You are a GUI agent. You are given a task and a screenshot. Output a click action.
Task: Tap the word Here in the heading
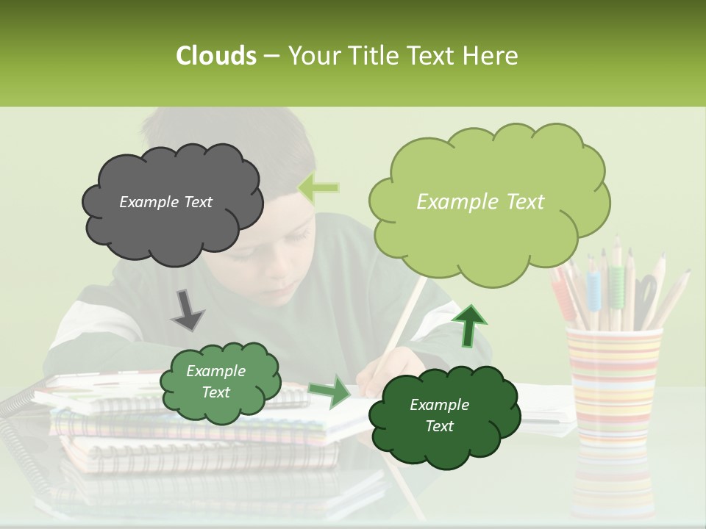[x=491, y=56]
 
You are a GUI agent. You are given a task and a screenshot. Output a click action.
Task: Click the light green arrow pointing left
[x=318, y=188]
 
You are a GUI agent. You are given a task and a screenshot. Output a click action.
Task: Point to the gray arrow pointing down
[x=188, y=309]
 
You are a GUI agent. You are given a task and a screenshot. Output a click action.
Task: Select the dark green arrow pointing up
[x=468, y=325]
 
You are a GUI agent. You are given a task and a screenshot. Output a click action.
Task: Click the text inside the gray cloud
[x=165, y=202]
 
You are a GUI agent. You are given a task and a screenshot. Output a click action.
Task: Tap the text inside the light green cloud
[x=480, y=202]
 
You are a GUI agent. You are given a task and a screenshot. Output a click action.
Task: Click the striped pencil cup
[x=612, y=382]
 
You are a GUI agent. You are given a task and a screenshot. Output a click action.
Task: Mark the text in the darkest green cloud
[x=439, y=415]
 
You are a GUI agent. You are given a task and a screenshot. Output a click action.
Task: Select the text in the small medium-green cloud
[x=215, y=381]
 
